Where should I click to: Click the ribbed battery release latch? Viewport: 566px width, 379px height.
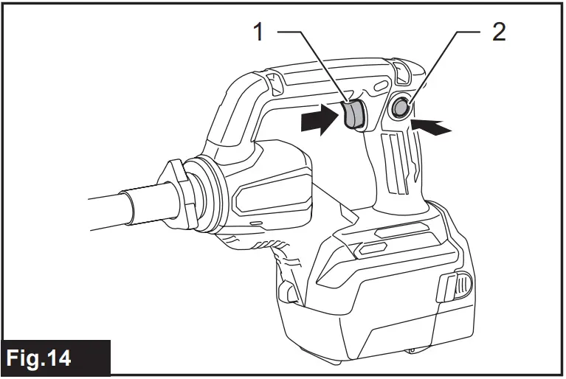point(455,287)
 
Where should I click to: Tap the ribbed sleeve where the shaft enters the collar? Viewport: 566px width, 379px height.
point(148,205)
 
